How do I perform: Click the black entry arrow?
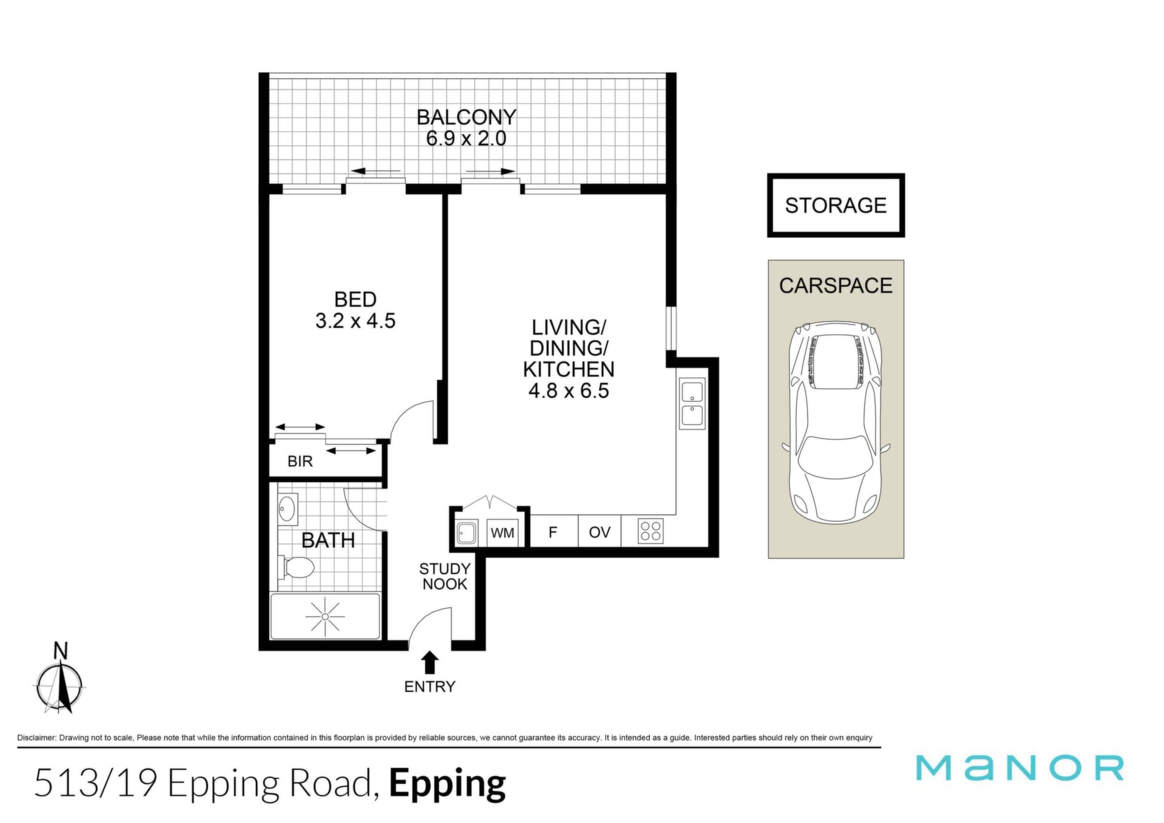(x=430, y=662)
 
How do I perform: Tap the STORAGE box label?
(x=835, y=206)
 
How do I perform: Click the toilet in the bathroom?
(x=296, y=568)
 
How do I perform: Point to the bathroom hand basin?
(x=287, y=508)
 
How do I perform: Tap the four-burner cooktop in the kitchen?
(x=651, y=531)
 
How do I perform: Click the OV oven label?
(x=600, y=532)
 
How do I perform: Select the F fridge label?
(x=553, y=532)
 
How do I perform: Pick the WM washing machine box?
(x=503, y=532)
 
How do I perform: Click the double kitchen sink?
(x=692, y=403)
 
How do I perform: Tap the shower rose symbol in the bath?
(x=325, y=616)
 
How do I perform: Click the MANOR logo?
(x=1020, y=767)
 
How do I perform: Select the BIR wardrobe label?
(x=300, y=462)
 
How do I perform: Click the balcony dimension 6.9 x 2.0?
(x=466, y=139)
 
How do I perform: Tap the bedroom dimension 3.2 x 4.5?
(x=355, y=321)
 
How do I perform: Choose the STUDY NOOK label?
(x=445, y=576)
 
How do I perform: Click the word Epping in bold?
(x=447, y=784)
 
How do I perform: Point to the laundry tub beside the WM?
(x=466, y=533)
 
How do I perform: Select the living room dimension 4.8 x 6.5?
(x=569, y=391)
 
